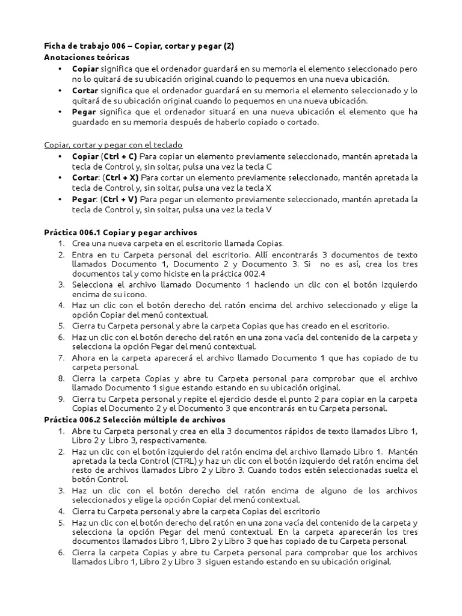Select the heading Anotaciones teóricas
coord(87,57)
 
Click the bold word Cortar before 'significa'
coord(86,90)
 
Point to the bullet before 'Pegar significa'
coord(60,112)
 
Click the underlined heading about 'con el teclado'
coord(113,145)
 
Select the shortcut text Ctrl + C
coord(120,156)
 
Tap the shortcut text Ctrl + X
coord(121,177)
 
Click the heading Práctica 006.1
coord(120,232)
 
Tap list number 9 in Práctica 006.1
coord(61,398)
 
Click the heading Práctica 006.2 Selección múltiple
coord(135,420)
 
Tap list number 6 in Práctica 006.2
coord(61,552)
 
